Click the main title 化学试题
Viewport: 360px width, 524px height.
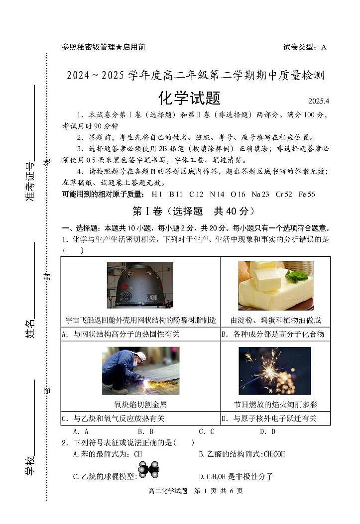click(189, 98)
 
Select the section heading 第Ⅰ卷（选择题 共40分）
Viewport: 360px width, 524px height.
click(193, 211)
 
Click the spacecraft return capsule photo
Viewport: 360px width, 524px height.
click(140, 286)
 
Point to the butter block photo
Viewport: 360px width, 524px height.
click(275, 286)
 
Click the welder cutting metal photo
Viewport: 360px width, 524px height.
click(140, 371)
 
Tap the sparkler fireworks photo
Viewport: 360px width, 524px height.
click(275, 371)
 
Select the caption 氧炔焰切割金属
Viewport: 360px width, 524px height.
click(140, 404)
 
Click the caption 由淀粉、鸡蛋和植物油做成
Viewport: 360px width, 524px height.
click(275, 320)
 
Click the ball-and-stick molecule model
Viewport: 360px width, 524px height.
click(149, 469)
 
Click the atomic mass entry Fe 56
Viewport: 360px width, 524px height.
click(307, 194)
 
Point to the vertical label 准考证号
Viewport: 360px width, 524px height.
click(30, 182)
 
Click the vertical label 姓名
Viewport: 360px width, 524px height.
click(30, 329)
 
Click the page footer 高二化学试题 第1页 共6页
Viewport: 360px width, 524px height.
click(195, 491)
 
